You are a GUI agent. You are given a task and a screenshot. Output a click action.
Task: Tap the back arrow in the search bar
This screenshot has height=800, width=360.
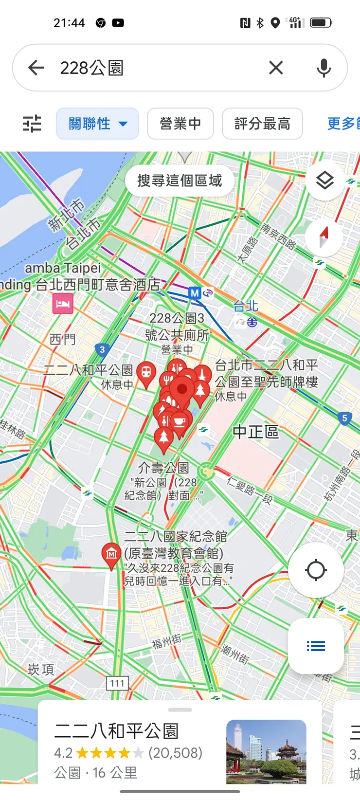(x=36, y=68)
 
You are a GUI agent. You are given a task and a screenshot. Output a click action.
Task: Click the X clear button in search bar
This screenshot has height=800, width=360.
(x=276, y=68)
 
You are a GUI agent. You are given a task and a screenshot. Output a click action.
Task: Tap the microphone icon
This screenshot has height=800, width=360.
(x=324, y=68)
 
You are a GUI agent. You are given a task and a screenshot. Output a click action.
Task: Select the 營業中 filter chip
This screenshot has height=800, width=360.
(x=180, y=124)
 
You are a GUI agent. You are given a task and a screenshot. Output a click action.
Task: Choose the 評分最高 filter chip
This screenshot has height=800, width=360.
(x=262, y=124)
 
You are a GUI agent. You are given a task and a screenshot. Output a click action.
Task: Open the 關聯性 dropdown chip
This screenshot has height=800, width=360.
(x=97, y=124)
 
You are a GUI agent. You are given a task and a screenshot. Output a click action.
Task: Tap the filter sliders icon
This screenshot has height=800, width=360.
(x=32, y=124)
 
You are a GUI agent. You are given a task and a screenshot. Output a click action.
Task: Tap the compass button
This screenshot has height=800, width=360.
(x=324, y=238)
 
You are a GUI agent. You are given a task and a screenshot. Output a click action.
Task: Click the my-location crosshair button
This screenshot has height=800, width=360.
(x=316, y=570)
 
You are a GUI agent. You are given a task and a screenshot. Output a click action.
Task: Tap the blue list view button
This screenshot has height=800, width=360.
(x=316, y=646)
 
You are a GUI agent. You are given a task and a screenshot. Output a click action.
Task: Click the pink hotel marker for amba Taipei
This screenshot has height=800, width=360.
(x=63, y=304)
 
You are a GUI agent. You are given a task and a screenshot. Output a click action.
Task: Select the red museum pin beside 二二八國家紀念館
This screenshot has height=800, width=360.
(x=111, y=554)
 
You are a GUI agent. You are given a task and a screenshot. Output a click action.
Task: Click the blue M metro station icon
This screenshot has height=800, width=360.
(x=195, y=293)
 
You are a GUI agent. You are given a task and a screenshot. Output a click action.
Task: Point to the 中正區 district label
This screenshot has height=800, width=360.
(x=255, y=432)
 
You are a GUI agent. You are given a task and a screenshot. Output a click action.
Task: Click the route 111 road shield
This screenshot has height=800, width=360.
(x=117, y=683)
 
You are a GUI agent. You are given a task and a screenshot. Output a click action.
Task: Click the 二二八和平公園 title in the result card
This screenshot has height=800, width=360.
(x=116, y=731)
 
